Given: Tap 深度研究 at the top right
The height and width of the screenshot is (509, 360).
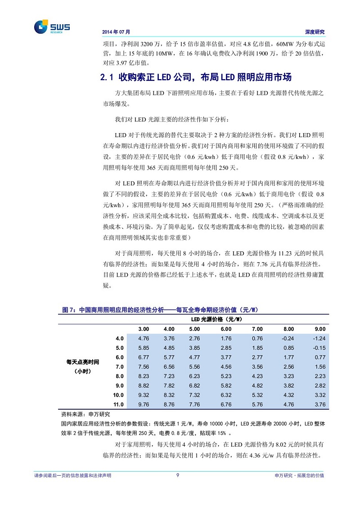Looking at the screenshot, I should pyautogui.click(x=315, y=32).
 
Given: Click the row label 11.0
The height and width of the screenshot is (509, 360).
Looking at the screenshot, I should pyautogui.click(x=119, y=405).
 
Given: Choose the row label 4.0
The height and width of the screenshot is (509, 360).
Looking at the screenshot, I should pyautogui.click(x=119, y=338).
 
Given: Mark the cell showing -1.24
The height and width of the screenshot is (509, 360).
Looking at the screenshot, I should pyautogui.click(x=319, y=338).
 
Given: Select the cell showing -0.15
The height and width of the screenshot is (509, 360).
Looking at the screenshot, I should pyautogui.click(x=319, y=348).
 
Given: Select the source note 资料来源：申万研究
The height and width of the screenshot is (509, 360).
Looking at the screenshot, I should pyautogui.click(x=85, y=414).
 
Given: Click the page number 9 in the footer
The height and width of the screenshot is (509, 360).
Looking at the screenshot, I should pyautogui.click(x=178, y=476).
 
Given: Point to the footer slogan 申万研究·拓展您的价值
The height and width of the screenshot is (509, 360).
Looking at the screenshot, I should pyautogui.click(x=299, y=476).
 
